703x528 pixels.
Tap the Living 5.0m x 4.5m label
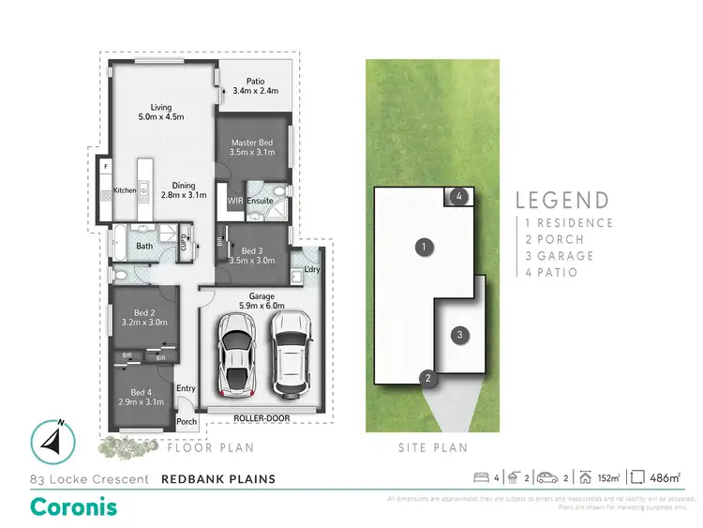[160, 112]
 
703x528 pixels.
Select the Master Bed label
[251, 147]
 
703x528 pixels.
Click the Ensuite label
[261, 200]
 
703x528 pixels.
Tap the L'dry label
[312, 271]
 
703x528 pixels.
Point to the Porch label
[187, 421]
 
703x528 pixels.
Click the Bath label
[144, 247]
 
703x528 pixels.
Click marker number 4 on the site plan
[457, 196]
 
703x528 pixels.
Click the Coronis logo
[75, 505]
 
